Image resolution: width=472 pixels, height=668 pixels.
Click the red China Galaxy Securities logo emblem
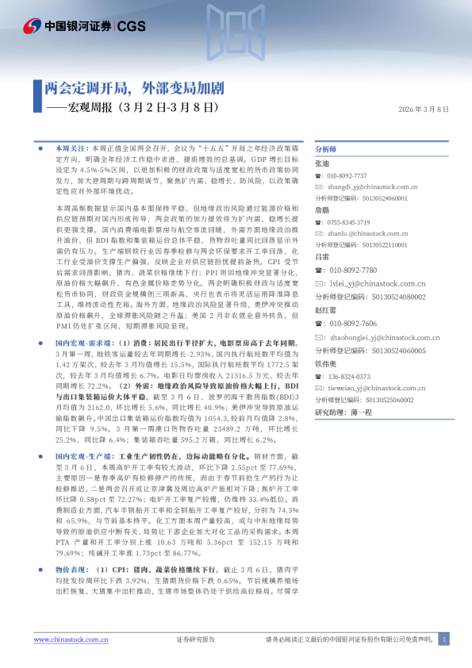click(33, 25)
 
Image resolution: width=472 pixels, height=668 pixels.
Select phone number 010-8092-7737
click(347, 175)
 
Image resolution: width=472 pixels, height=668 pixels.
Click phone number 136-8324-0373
click(347, 376)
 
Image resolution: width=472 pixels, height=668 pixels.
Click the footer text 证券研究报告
click(194, 639)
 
